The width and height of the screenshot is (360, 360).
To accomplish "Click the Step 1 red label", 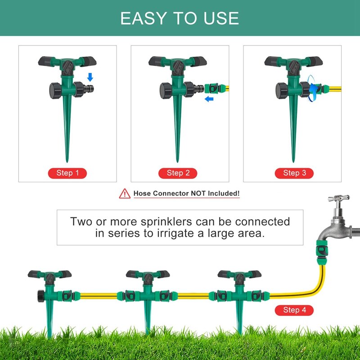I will (67, 173).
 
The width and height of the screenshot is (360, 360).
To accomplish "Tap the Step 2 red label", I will (178, 173).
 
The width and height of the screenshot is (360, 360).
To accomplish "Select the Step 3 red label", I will (294, 173).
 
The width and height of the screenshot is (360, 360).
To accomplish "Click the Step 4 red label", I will (294, 310).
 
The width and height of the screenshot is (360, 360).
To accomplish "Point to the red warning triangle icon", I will (124, 194).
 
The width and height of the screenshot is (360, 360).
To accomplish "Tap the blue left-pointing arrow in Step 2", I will (208, 99).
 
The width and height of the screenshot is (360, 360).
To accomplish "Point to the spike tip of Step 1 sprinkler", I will (67, 160).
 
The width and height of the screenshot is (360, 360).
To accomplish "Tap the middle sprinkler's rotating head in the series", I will (144, 274).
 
